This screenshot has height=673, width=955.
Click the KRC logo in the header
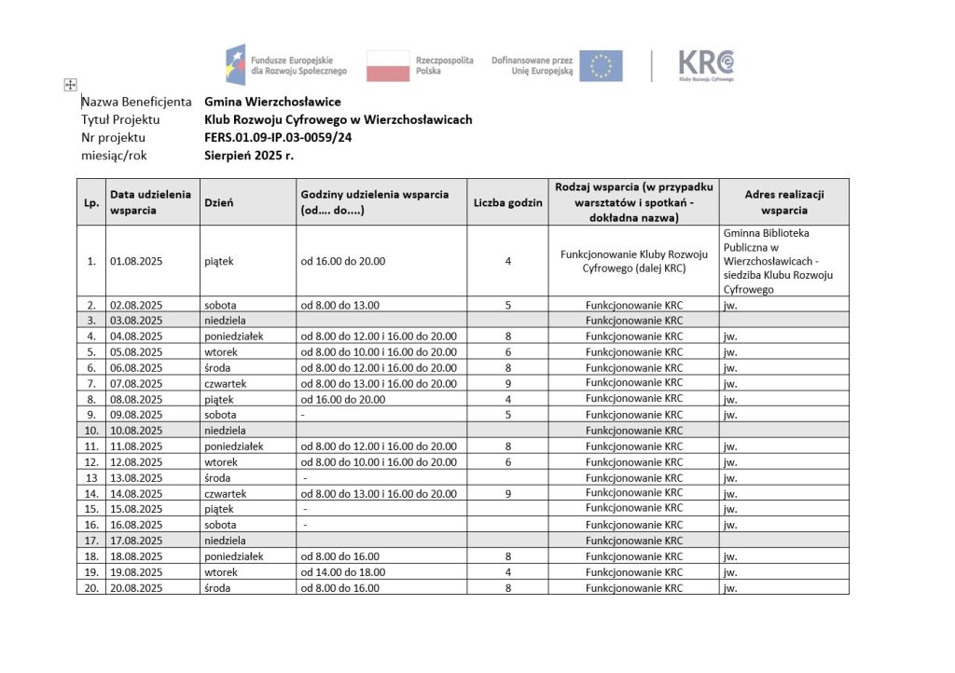click(705, 65)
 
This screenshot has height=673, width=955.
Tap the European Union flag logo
click(601, 65)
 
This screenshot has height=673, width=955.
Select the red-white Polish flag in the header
click(388, 65)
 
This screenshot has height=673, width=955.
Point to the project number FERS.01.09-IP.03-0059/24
click(278, 138)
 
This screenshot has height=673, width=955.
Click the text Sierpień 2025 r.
click(249, 156)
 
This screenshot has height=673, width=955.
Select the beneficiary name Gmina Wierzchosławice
click(272, 102)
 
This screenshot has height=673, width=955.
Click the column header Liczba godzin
click(507, 202)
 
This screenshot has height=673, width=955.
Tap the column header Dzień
click(218, 202)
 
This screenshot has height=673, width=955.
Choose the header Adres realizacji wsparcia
click(783, 202)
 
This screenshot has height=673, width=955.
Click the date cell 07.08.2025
click(136, 383)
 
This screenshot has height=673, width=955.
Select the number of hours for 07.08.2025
click(507, 383)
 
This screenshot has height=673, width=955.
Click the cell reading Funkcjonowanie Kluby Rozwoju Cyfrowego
click(632, 261)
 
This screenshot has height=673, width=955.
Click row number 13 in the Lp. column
click(91, 478)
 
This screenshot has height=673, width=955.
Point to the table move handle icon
click(69, 86)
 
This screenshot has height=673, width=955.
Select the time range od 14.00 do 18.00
click(342, 572)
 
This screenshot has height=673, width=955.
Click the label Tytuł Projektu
click(121, 120)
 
